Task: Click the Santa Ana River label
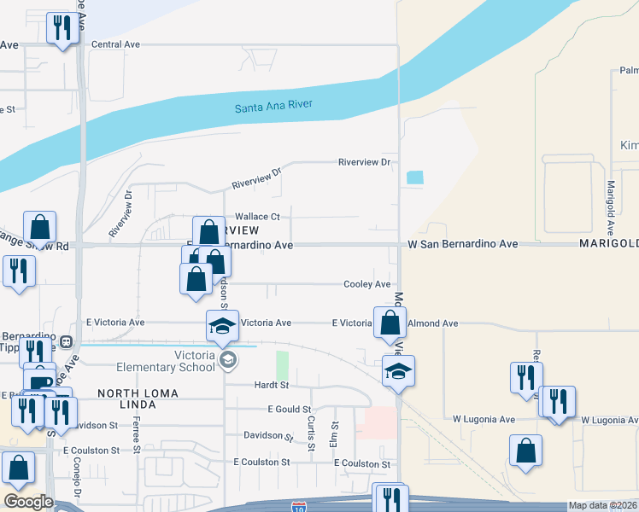[x=274, y=105]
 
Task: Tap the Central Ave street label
[x=115, y=44]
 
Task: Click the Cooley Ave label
[x=366, y=284]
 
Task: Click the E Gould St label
[x=288, y=410]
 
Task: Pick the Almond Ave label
[x=434, y=323]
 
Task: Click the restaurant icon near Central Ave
[x=62, y=29]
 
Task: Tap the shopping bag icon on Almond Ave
[x=390, y=323]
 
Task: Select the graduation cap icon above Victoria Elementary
[x=222, y=325]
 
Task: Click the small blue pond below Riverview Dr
[x=414, y=177]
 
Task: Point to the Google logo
[x=28, y=502]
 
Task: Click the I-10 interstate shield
[x=299, y=506]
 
